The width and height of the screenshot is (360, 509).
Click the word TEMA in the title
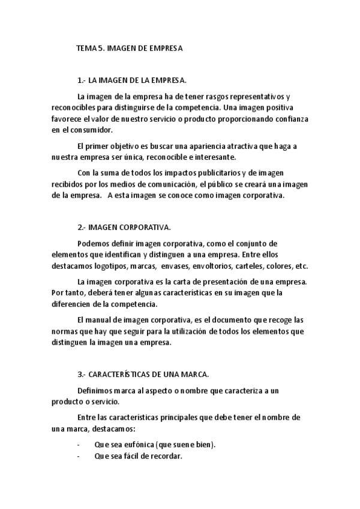(x=86, y=48)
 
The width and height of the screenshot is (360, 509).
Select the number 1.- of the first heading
(x=82, y=80)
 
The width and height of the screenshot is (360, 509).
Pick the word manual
(x=104, y=320)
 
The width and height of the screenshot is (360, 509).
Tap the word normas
(x=64, y=331)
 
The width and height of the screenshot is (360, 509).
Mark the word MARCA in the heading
(x=196, y=374)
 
